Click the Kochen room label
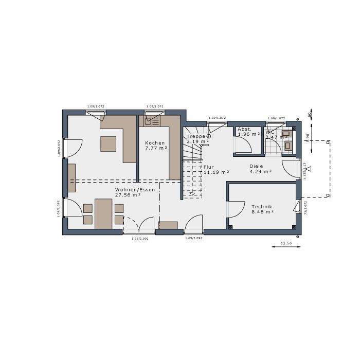coord(154,143)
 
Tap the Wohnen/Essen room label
coord(135,190)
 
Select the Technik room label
coord(262,206)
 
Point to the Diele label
coord(256,166)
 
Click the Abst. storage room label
coord(245,129)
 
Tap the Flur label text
coord(208,167)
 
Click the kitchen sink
coord(149,122)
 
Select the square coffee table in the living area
coord(108,143)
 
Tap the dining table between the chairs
coord(103,213)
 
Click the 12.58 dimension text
coord(286,243)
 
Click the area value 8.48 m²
coord(262,211)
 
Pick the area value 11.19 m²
coord(216,172)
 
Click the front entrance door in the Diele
coord(291,168)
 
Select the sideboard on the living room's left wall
coord(71,177)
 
